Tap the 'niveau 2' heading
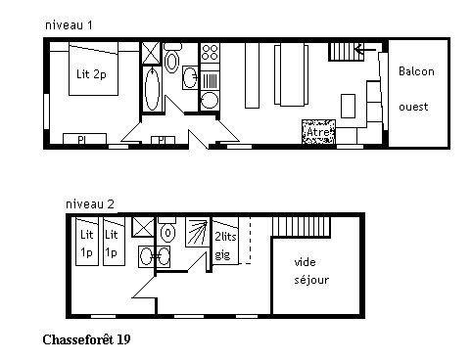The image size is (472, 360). click(x=90, y=203)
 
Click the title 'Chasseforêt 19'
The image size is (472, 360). click(x=86, y=340)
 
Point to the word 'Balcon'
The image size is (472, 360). click(x=416, y=71)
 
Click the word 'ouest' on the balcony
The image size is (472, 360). click(x=414, y=105)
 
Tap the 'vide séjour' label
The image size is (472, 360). click(x=310, y=271)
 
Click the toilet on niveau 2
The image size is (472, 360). click(x=168, y=234)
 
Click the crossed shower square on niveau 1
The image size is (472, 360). click(x=152, y=52)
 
